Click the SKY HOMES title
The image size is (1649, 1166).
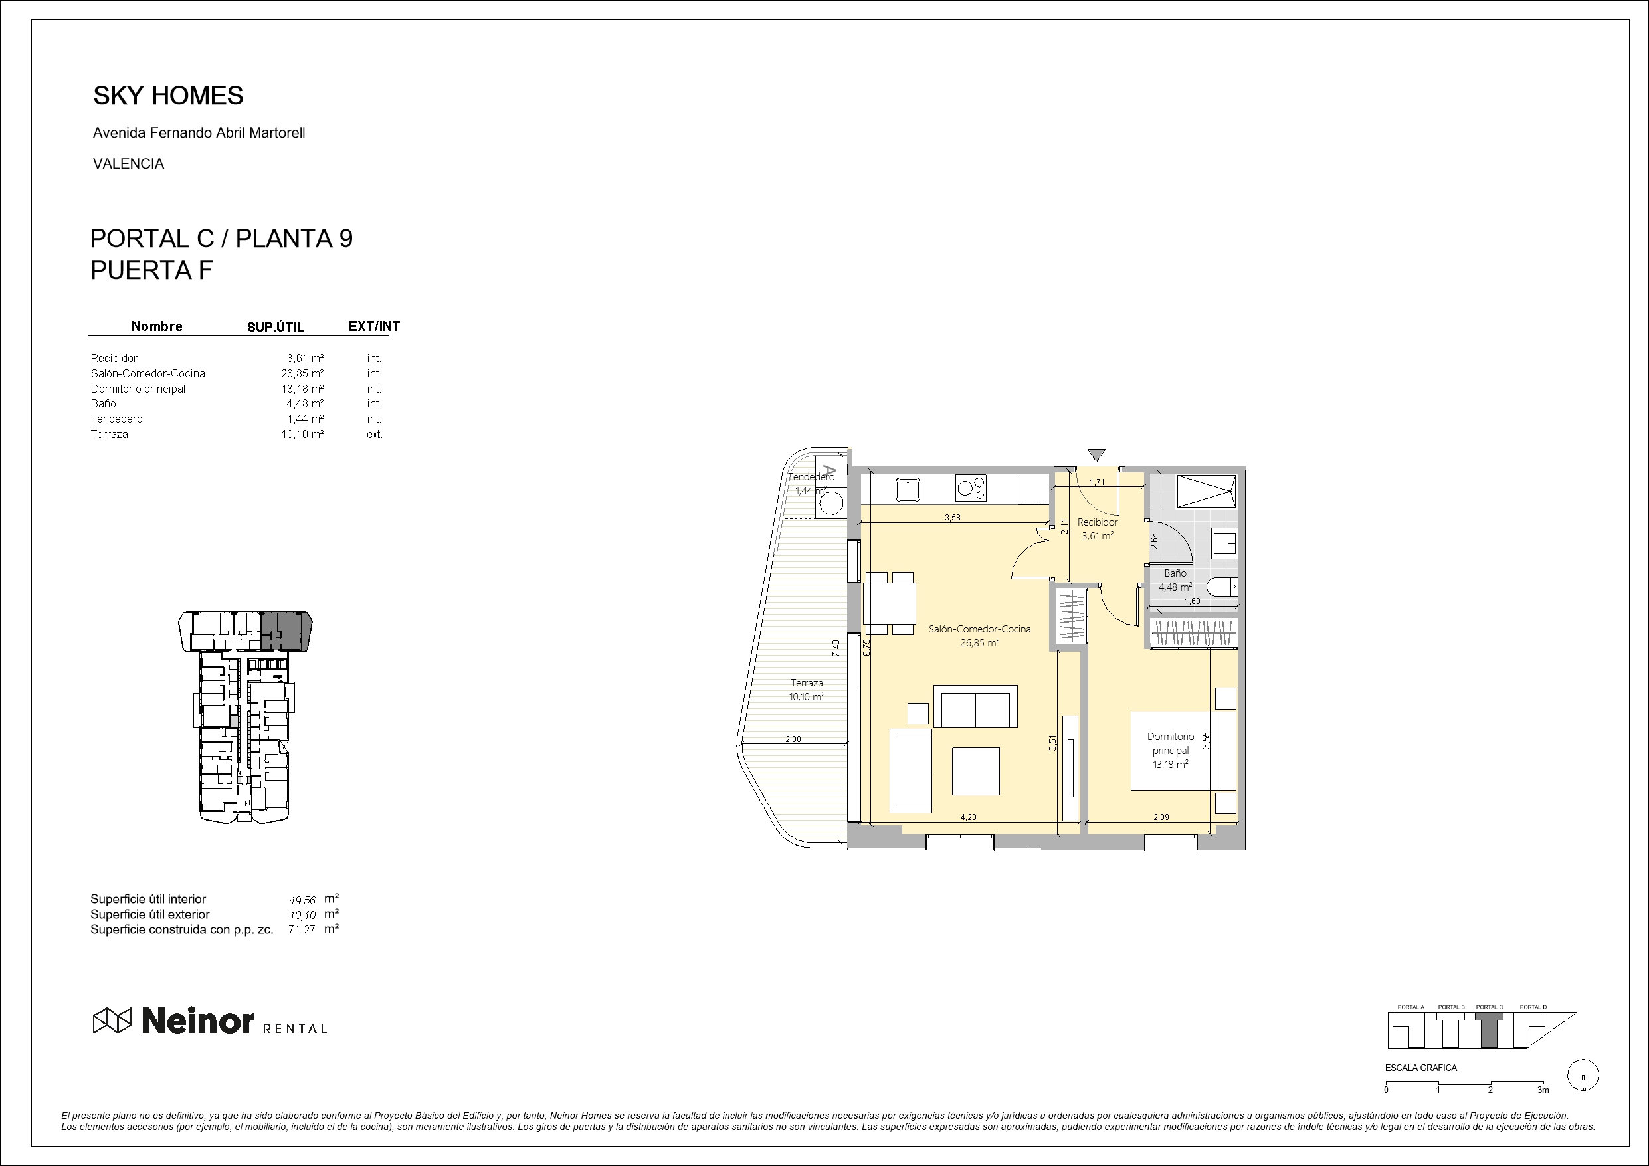coord(168,96)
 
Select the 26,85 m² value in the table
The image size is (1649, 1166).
coord(302,373)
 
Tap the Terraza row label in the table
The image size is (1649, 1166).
coord(109,434)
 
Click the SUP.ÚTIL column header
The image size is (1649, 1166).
coord(276,327)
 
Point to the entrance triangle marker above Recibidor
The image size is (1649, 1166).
coord(1096,454)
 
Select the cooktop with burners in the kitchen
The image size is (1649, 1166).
coord(970,488)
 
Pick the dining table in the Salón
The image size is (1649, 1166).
coord(890,603)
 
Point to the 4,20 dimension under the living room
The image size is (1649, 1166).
coord(968,817)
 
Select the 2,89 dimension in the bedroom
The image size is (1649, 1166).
coord(1161,817)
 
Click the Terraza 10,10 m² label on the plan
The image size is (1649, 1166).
coord(807,690)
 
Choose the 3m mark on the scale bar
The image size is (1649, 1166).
coord(1543,1090)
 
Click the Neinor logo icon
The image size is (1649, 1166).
coord(113,1020)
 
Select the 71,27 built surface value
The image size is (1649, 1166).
coord(302,929)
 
